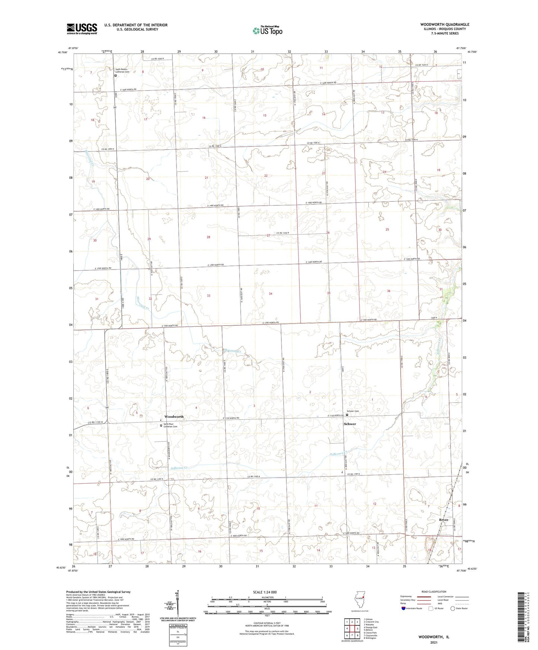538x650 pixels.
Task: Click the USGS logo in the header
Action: (x=82, y=29)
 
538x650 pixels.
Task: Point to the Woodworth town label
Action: (x=174, y=417)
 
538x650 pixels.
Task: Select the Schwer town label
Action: (x=350, y=424)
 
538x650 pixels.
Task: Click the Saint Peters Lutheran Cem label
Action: (x=124, y=70)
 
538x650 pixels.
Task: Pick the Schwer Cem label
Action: (x=354, y=411)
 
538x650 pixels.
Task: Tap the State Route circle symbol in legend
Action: (x=453, y=608)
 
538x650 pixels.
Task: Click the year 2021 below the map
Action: (x=434, y=643)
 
